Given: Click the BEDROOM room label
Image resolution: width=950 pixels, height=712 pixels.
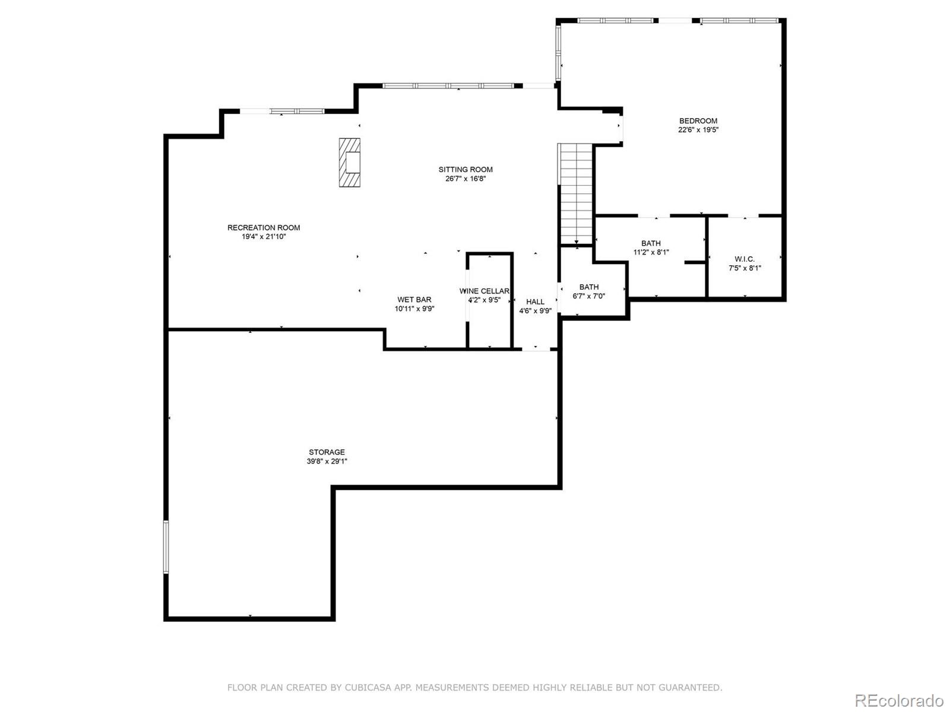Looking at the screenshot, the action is (x=698, y=121).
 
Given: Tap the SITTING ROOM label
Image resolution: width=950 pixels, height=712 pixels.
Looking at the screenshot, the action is (x=465, y=170).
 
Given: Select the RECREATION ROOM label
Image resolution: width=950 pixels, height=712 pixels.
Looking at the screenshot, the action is (x=264, y=227).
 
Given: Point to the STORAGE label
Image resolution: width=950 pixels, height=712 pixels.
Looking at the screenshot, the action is (x=327, y=452).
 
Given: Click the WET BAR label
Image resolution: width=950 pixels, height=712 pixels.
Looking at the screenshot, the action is (x=414, y=300).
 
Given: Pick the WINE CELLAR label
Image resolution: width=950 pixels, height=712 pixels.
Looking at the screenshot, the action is (x=484, y=291).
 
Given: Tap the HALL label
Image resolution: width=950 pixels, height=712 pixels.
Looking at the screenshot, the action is (x=536, y=302).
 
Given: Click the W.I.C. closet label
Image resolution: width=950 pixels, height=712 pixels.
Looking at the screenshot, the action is (x=745, y=259).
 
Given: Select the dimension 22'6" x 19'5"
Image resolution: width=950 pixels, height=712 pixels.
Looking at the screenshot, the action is (x=698, y=130).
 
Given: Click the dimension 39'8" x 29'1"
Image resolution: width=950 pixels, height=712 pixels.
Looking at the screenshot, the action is (x=327, y=461).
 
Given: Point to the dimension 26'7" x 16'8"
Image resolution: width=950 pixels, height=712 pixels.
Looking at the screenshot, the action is (x=465, y=179).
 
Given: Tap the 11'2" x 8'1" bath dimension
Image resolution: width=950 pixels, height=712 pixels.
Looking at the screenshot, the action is (x=651, y=253).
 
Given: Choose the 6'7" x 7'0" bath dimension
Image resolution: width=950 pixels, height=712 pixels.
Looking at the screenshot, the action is (x=588, y=296).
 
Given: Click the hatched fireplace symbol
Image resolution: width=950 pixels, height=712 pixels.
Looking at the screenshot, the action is (x=350, y=163).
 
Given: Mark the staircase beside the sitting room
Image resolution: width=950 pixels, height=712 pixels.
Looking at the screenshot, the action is (x=576, y=194).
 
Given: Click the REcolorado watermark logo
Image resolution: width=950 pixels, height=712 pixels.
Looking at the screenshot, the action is (x=900, y=700).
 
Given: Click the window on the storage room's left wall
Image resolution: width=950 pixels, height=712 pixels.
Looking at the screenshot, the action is (x=166, y=547).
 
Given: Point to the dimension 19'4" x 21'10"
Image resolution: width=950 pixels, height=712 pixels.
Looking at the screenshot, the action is (x=264, y=237).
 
